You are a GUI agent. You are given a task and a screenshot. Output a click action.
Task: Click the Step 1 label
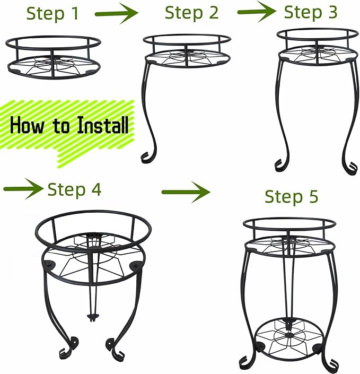point(52,13)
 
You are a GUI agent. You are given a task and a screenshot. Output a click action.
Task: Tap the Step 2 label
point(191,13)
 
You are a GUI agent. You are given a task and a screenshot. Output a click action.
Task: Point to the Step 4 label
point(74,189)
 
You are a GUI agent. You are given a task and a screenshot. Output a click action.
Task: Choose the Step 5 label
point(291,196)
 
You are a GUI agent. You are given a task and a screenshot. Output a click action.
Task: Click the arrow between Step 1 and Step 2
point(116,14)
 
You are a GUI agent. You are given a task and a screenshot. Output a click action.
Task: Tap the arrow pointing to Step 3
point(257,12)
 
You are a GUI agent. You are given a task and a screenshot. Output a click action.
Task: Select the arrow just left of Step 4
point(23,189)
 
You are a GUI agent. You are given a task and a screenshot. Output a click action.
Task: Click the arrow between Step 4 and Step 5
point(186,192)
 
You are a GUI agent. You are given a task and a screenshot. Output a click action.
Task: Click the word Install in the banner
point(103,125)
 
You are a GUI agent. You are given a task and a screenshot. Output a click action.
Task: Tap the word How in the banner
point(27,125)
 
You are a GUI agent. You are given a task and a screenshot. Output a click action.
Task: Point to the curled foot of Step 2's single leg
point(148,157)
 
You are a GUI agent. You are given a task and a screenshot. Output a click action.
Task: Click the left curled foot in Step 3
point(282,165)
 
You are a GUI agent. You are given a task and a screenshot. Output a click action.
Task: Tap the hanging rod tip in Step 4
point(92,317)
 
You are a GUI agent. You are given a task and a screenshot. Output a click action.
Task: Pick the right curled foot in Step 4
point(115,350)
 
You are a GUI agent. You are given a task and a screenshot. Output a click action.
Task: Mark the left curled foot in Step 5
point(246,362)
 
